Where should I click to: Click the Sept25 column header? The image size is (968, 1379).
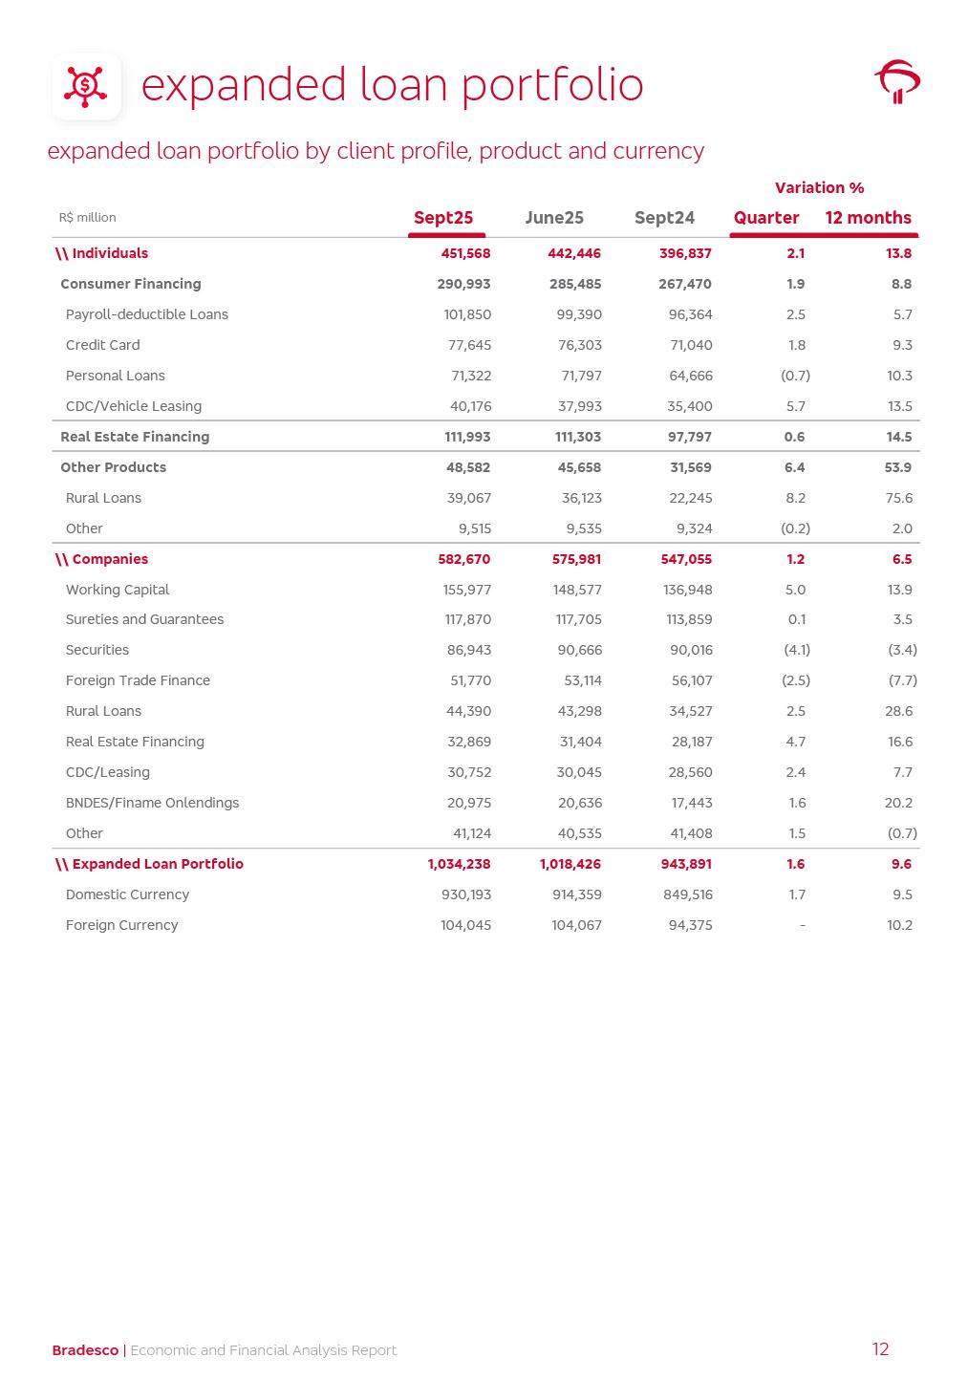(443, 218)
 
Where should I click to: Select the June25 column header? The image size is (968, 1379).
(554, 218)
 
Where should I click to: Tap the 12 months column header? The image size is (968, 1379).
(868, 218)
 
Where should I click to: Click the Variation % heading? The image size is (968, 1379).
(819, 187)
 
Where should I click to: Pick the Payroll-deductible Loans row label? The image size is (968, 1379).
(147, 314)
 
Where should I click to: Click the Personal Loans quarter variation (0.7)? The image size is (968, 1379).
(795, 376)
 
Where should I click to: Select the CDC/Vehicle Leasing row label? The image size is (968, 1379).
(134, 406)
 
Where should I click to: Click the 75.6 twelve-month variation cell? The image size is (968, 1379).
(899, 498)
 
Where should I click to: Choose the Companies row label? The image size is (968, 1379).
(110, 559)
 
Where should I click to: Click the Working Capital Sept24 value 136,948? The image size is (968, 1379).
(687, 590)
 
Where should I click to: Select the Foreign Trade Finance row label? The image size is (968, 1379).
(138, 680)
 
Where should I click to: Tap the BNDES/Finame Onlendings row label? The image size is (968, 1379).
(152, 803)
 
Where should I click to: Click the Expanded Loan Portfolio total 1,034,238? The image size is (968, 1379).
(459, 864)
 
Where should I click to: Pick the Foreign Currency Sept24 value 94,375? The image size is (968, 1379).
(690, 925)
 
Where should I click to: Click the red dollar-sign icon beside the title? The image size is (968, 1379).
(86, 86)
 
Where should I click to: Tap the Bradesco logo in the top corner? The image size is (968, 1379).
(897, 82)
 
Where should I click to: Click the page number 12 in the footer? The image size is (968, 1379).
(880, 1349)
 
